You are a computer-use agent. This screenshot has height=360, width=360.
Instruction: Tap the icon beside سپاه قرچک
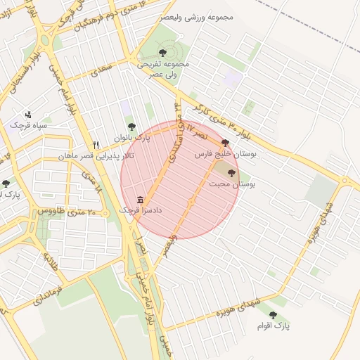[x=28, y=114]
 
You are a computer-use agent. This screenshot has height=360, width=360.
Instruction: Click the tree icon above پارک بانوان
[x=131, y=127]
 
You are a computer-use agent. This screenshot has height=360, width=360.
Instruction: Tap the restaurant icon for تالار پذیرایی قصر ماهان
[x=96, y=145]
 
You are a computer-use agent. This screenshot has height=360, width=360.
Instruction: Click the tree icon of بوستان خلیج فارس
[x=225, y=142]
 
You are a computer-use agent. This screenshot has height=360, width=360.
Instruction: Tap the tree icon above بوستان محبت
[x=232, y=173]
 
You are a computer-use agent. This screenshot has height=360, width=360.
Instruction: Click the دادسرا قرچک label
[x=141, y=210]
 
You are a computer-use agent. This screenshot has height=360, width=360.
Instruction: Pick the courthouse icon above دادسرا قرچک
[x=141, y=200]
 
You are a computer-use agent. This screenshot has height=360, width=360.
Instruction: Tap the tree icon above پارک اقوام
[x=273, y=315]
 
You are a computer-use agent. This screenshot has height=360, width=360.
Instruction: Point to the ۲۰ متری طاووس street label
[x=60, y=210]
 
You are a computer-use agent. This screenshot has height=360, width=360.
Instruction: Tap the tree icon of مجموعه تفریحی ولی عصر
[x=163, y=52]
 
